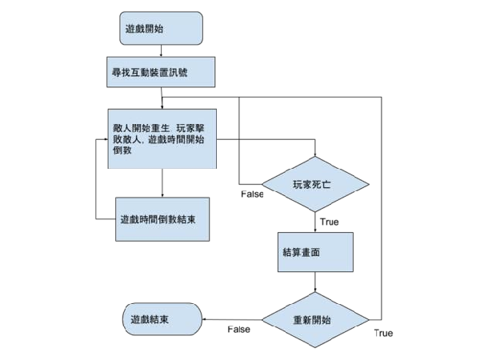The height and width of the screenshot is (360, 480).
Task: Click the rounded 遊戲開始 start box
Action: point(161,29)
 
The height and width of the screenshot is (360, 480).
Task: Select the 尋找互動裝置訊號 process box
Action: point(161,72)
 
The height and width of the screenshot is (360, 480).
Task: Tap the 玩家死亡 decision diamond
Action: point(315,184)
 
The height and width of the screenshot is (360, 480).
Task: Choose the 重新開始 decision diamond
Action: point(315,320)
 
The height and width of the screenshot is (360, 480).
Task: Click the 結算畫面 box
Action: point(315,252)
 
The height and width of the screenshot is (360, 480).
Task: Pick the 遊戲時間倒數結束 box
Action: point(162,219)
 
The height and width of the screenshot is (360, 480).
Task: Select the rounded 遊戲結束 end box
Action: point(162,319)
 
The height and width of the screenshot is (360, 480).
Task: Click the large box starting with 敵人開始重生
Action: point(162,138)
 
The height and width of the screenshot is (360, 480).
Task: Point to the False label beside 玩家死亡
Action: point(252,194)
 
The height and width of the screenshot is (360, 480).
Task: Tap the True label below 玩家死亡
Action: point(330,222)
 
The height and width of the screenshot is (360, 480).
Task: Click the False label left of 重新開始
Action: point(238,330)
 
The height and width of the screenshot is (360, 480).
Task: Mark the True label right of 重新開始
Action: point(383,333)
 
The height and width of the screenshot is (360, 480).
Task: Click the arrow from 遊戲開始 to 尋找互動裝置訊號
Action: point(161,51)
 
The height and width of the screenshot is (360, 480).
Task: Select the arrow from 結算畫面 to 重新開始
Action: point(315,282)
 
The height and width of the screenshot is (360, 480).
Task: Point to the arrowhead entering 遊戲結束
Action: point(204,319)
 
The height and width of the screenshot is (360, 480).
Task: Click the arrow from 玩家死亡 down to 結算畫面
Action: point(315,222)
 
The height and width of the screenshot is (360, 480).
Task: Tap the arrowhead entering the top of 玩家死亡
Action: point(315,154)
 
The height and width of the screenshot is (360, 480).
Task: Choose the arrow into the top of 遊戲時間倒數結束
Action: point(162,183)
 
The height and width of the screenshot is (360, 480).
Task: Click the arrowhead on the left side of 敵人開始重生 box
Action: point(106,139)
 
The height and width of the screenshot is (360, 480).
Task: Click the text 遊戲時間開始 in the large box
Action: point(176,139)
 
